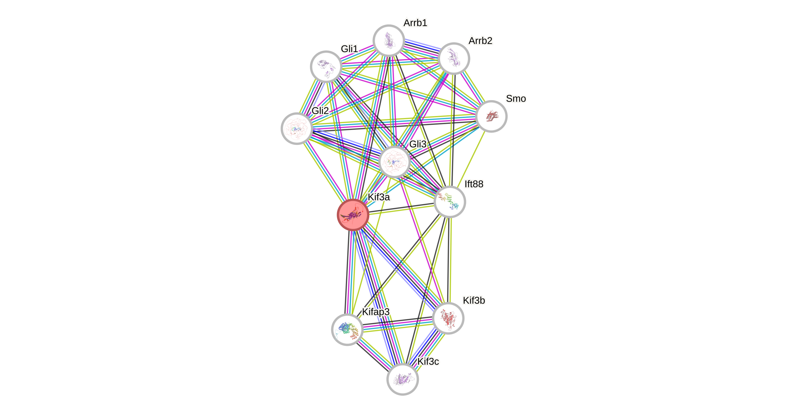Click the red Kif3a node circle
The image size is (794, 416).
pyautogui.click(x=353, y=215)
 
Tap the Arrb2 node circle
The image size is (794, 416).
pyautogui.click(x=454, y=58)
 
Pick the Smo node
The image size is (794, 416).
pyautogui.click(x=491, y=116)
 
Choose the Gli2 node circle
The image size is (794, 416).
pyautogui.click(x=297, y=128)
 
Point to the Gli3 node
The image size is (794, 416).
pyautogui.click(x=394, y=162)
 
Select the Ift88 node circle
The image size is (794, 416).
pyautogui.click(x=450, y=202)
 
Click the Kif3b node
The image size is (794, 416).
pyautogui.click(x=448, y=318)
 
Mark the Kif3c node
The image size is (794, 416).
pyautogui.click(x=402, y=379)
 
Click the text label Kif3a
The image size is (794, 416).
pyautogui.click(x=379, y=197)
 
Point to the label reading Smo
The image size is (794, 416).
pyautogui.click(x=516, y=98)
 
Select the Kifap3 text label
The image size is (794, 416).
pyautogui.click(x=375, y=312)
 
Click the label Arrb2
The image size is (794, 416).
pyautogui.click(x=481, y=40)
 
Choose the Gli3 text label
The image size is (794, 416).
pyautogui.click(x=418, y=144)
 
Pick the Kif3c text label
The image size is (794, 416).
pyautogui.click(x=428, y=362)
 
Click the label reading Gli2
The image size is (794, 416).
pyautogui.click(x=320, y=110)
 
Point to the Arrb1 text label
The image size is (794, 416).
pyautogui.click(x=415, y=22)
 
